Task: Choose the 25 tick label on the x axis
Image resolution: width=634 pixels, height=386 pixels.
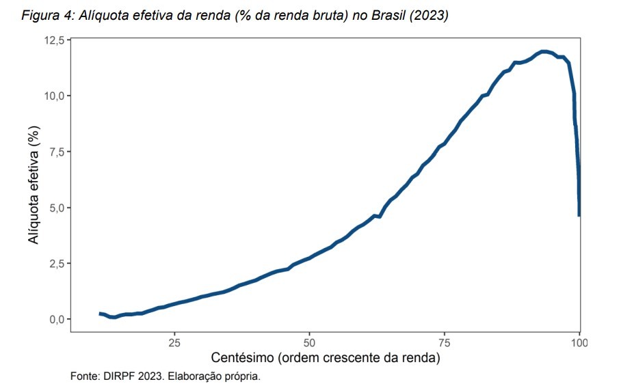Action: tap(174, 342)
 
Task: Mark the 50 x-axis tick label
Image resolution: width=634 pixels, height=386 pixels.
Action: tap(309, 342)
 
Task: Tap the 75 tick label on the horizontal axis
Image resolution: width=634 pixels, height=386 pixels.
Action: tap(445, 342)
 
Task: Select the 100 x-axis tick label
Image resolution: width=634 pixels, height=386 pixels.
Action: tap(579, 342)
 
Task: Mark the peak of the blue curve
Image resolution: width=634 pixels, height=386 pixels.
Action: tap(544, 51)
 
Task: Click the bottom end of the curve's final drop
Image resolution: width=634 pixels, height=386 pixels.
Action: tap(579, 215)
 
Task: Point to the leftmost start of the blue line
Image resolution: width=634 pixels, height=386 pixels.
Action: tap(100, 313)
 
